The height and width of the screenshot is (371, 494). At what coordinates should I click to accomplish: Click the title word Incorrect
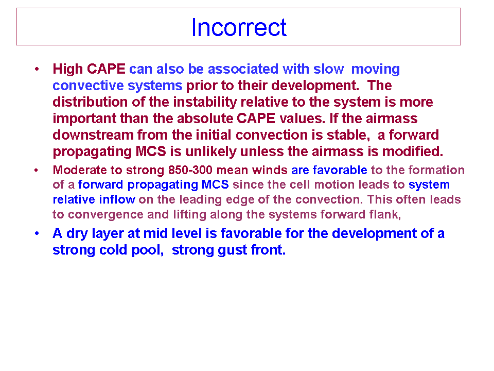[x=239, y=27]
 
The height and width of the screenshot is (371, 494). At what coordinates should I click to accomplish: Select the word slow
[x=328, y=69]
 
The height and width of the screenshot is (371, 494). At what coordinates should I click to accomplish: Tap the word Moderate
[x=80, y=170]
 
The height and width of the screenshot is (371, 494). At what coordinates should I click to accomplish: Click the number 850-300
[x=190, y=170]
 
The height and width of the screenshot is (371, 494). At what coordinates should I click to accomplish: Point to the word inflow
[x=117, y=199]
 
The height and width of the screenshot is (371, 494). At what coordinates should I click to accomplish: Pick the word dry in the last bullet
[x=77, y=234]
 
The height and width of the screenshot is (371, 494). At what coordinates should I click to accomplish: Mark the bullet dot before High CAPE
[x=37, y=69]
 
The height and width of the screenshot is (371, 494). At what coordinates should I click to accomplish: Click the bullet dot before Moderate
[x=36, y=171]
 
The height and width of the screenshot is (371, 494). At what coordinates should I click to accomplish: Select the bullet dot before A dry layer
[x=37, y=233]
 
